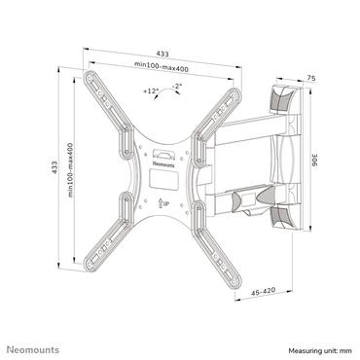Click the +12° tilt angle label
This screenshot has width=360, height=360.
point(150,90)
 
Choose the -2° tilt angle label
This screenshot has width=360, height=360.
point(176,87)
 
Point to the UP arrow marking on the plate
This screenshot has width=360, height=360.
point(163,201)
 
